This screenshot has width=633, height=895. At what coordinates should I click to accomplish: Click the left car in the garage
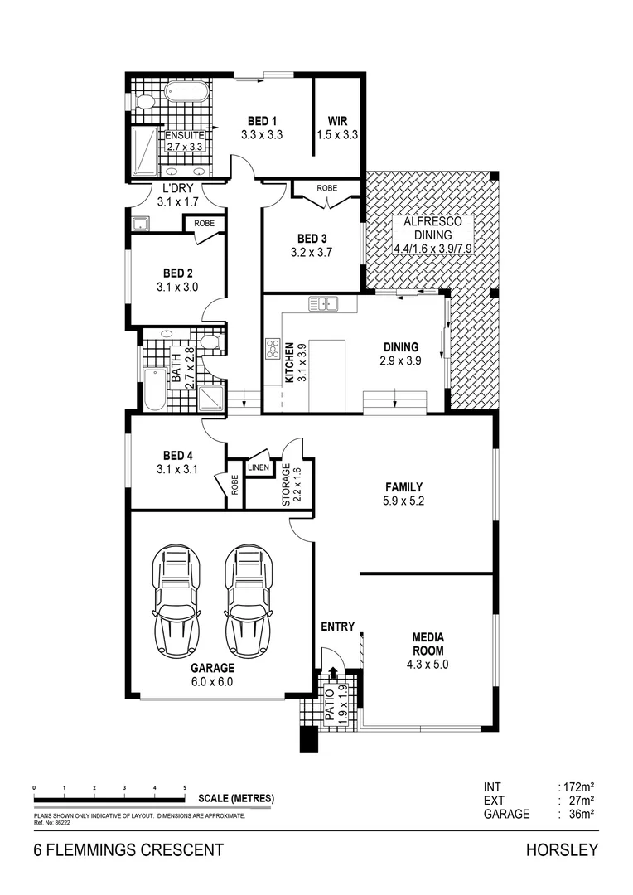coord(176,601)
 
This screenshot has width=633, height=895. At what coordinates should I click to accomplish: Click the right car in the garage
coord(249,601)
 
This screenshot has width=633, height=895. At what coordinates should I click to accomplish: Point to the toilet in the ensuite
coord(143,102)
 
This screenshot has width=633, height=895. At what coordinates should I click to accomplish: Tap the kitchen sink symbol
coord(323,303)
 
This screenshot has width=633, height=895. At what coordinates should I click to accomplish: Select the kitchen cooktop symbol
coord(272,351)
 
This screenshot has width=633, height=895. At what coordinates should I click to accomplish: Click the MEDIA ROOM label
coord(428,644)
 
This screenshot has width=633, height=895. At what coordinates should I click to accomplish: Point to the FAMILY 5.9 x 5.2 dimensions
coord(403,501)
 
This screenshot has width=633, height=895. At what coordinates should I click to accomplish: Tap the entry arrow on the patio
coord(334,673)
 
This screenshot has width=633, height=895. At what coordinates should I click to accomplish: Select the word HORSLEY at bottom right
coord(561,850)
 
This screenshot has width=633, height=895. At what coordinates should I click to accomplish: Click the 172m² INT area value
coord(578,786)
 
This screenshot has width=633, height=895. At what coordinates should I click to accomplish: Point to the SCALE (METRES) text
coord(236,800)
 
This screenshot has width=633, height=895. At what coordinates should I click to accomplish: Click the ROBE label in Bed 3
coord(327,188)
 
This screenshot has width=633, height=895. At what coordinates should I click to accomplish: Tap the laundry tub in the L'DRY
coord(140,224)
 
